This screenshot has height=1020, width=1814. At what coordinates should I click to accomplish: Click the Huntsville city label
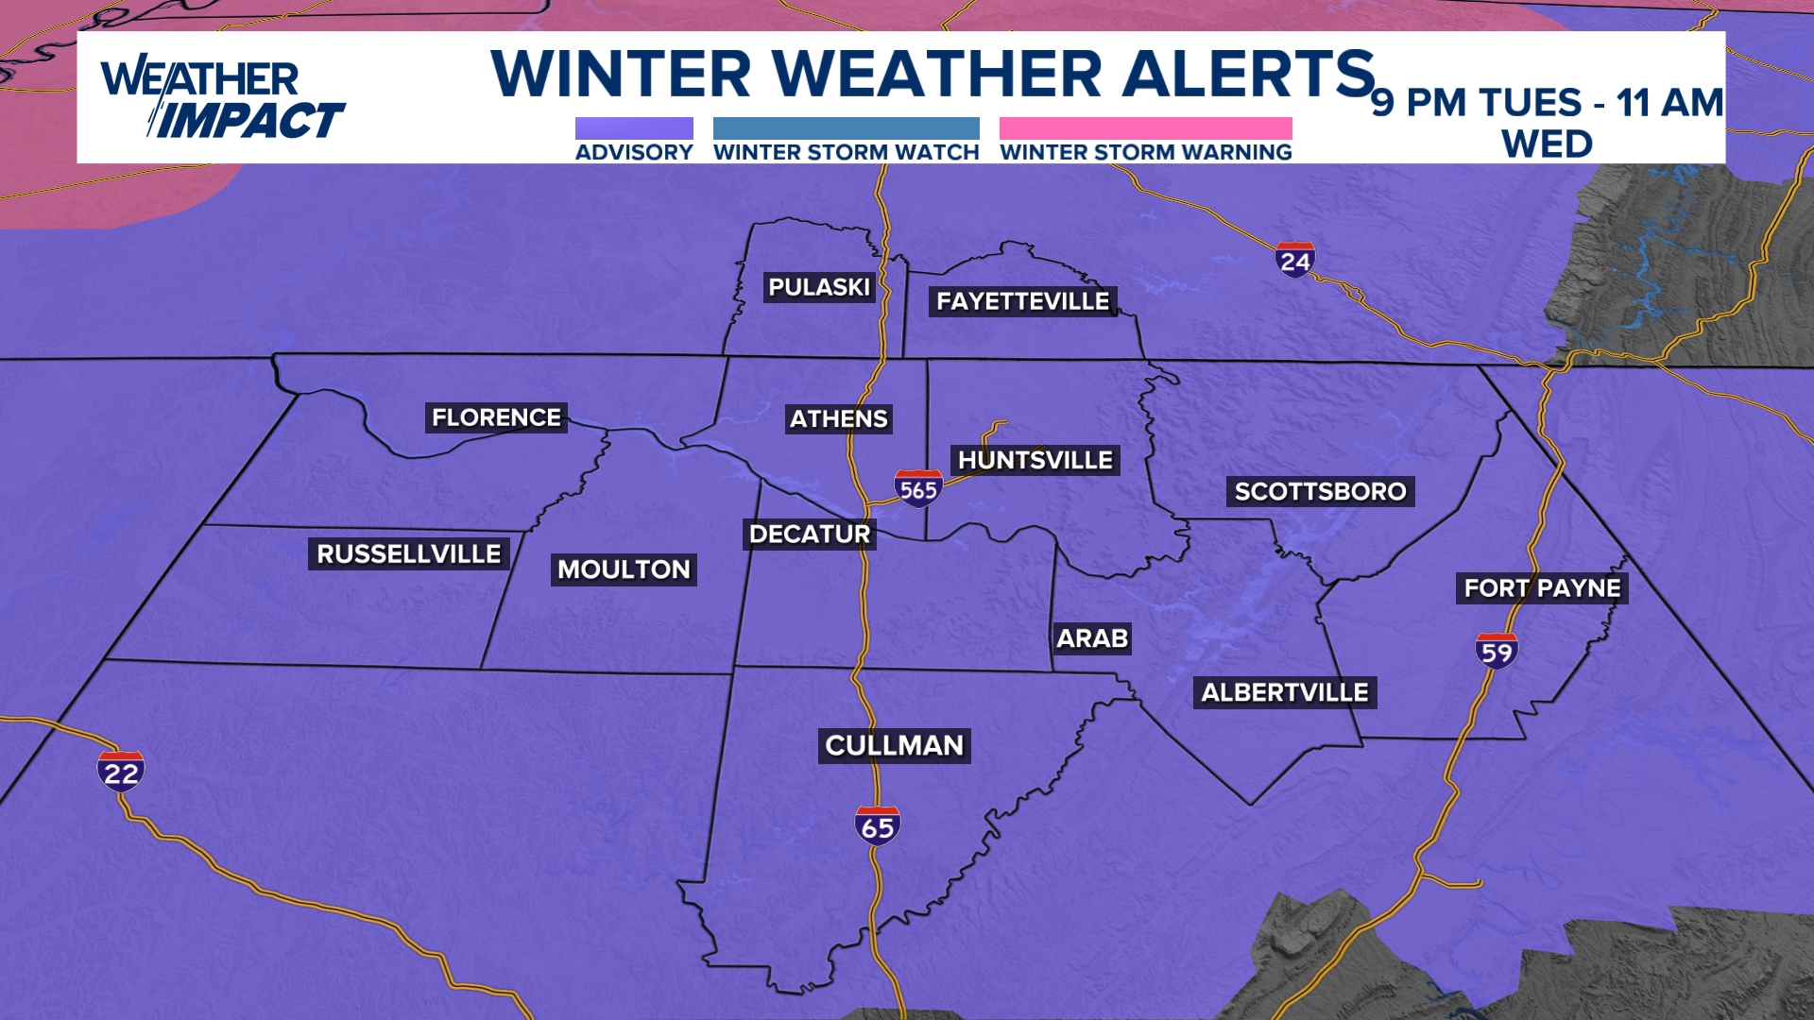coord(1035,460)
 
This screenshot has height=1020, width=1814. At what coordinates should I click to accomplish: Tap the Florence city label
coord(496,417)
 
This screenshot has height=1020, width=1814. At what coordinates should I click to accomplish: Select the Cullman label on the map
coord(894,745)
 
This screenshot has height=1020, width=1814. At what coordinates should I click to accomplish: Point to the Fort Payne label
coord(1542,588)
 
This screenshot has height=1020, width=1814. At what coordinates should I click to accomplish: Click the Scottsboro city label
coord(1320,491)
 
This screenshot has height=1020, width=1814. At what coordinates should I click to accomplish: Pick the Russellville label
coord(408,553)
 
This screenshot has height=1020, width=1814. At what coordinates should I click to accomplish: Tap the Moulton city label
coord(624,569)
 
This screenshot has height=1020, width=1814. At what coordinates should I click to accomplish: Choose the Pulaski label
coord(818,287)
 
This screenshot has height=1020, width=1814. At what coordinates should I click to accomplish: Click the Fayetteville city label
coord(1022,301)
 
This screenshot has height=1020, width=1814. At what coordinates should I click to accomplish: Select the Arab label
coord(1092,638)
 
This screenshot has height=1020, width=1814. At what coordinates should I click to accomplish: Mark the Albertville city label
coord(1285,692)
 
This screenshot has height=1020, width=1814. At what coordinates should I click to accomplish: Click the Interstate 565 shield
coord(918,488)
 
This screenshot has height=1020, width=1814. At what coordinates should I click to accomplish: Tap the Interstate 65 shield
coord(878,826)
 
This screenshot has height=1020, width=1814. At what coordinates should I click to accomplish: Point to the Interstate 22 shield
coord(121,772)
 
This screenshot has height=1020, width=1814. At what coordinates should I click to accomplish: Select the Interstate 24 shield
coord(1294,260)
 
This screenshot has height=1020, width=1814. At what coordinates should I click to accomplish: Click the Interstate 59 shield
coord(1497,651)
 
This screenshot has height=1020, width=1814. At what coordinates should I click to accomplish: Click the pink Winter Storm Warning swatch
coord(1145,128)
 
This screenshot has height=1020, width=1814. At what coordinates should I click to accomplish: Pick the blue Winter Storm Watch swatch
coord(846,128)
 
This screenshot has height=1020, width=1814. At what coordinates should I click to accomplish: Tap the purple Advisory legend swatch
coord(634,128)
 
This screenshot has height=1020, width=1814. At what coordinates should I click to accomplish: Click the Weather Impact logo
coord(223,98)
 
